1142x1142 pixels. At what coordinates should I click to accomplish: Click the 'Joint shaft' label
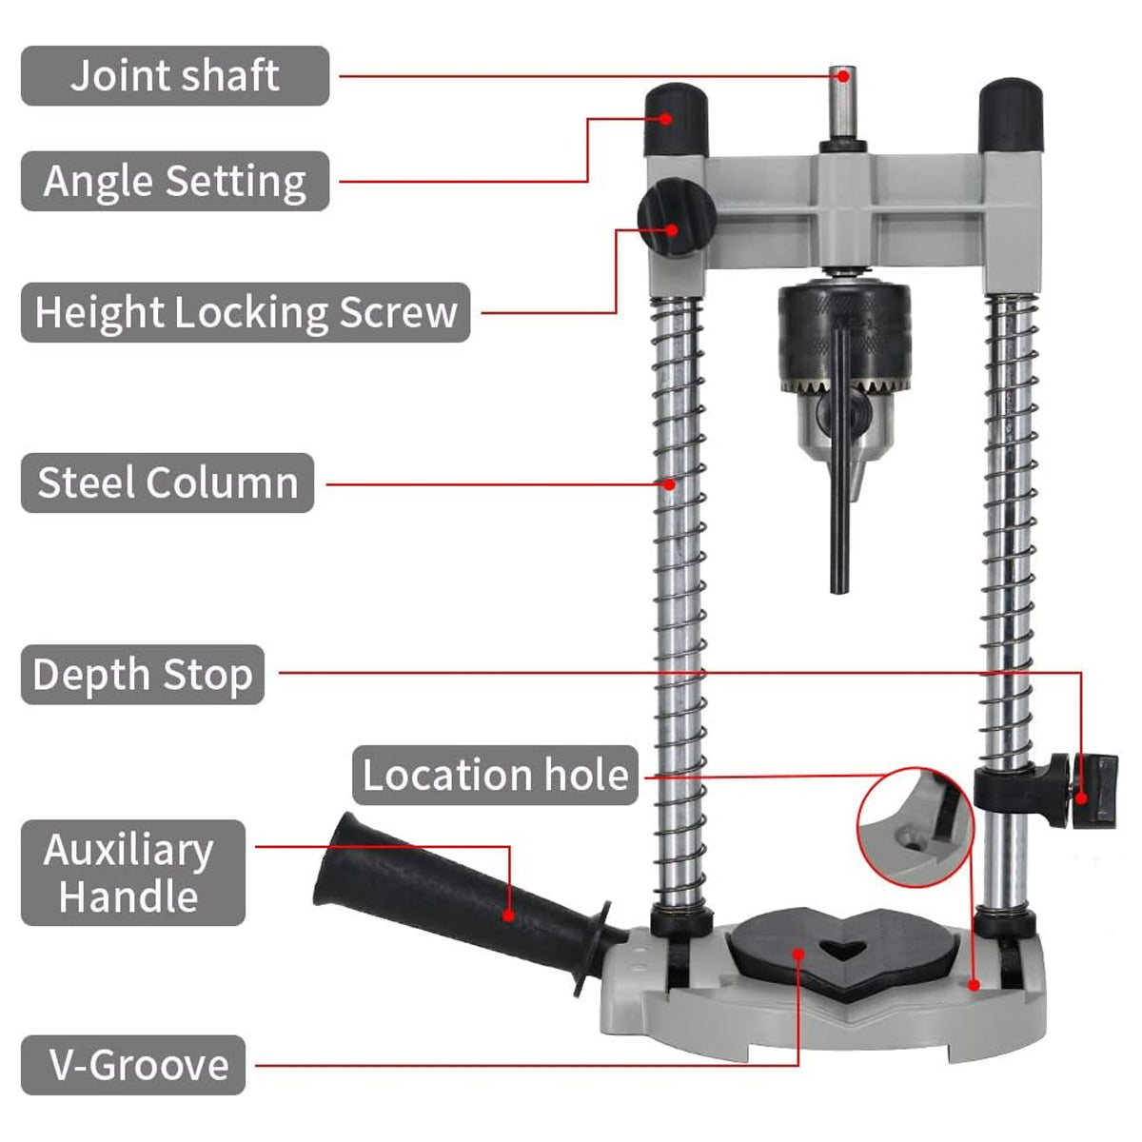tap(175, 76)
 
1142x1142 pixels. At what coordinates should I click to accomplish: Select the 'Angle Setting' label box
tap(175, 181)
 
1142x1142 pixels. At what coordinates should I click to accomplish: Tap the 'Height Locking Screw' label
tap(246, 312)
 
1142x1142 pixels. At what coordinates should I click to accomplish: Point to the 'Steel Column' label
tap(167, 483)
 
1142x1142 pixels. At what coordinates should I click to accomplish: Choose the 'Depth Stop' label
tap(143, 675)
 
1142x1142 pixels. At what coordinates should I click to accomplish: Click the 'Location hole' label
tap(495, 775)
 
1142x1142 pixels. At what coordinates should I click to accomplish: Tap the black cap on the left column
tap(677, 119)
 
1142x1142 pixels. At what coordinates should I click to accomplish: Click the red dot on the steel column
tap(670, 483)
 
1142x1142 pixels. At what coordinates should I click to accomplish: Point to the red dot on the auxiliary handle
tap(508, 916)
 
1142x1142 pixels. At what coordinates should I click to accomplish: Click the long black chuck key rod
tap(838, 476)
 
